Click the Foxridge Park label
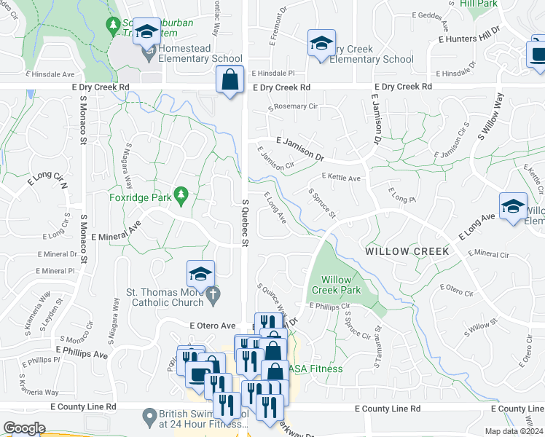coord(141,197)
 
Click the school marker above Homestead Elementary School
coord(147,32)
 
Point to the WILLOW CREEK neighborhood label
coord(407,251)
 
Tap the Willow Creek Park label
coord(336,285)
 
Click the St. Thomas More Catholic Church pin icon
coord(213,295)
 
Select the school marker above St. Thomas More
coord(200,274)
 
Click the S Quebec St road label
coord(246,221)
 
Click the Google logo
coord(24,428)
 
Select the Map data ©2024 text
coord(514,431)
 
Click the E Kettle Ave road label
coord(341,178)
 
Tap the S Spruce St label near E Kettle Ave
coord(321,203)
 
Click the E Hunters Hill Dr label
coord(468,34)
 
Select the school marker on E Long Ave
coord(513,205)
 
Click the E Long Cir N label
coord(47,181)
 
